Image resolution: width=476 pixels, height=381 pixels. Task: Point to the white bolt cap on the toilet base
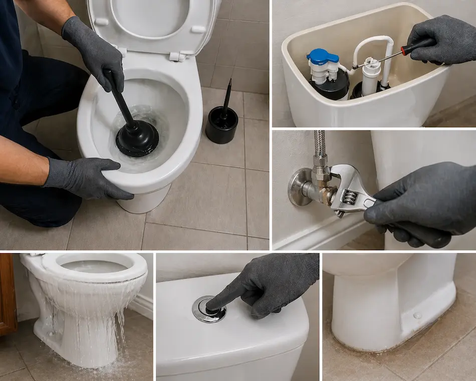(x=417, y=315)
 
